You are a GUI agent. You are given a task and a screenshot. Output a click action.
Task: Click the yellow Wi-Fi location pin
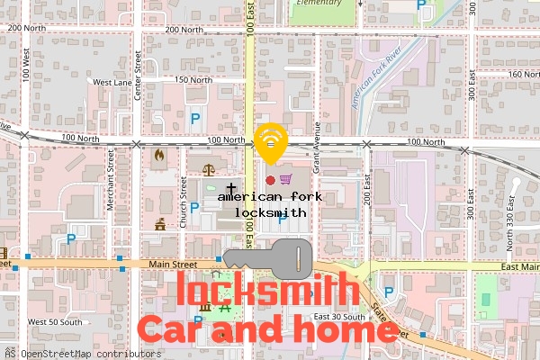pos(271,141)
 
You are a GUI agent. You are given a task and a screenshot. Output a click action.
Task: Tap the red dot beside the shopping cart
pos(270,180)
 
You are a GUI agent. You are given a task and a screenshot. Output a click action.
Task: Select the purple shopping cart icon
pos(285,180)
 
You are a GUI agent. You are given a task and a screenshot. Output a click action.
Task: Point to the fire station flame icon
pos(160,155)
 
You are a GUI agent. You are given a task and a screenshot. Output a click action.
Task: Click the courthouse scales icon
pos(210,168)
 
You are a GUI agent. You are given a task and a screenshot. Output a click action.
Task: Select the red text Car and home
pos(266,329)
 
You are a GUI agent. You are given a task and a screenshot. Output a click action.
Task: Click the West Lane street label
pos(111,82)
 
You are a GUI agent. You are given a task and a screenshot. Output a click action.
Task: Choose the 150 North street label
pos(193,80)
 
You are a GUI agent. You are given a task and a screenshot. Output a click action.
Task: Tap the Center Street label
pos(139,75)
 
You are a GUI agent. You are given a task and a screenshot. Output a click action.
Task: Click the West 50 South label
pos(54,322)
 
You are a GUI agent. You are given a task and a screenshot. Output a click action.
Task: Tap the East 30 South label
pos(339,317)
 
